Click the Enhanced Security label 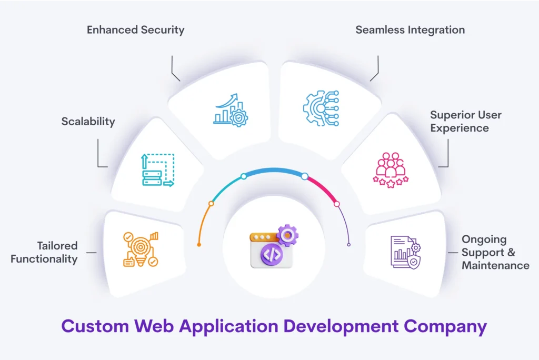click(x=135, y=30)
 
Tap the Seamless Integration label click(x=410, y=30)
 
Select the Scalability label click(x=88, y=122)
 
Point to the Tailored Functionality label click(x=44, y=252)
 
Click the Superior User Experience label click(x=466, y=121)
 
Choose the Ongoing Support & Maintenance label click(x=495, y=252)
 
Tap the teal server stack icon click(x=158, y=170)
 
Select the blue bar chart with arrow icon click(x=231, y=110)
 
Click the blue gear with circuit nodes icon click(x=321, y=108)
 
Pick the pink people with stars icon click(x=391, y=170)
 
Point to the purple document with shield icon click(x=406, y=252)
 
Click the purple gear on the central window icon click(x=287, y=235)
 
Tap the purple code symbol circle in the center click(x=272, y=255)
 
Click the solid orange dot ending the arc click(x=199, y=245)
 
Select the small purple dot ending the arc click(x=348, y=245)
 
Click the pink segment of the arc click(x=323, y=188)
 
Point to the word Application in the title click(x=228, y=326)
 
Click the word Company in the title click(x=445, y=326)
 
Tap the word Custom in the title click(x=95, y=326)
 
